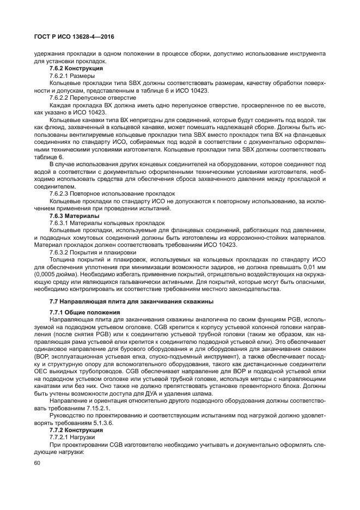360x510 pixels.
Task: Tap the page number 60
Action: click(37, 463)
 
